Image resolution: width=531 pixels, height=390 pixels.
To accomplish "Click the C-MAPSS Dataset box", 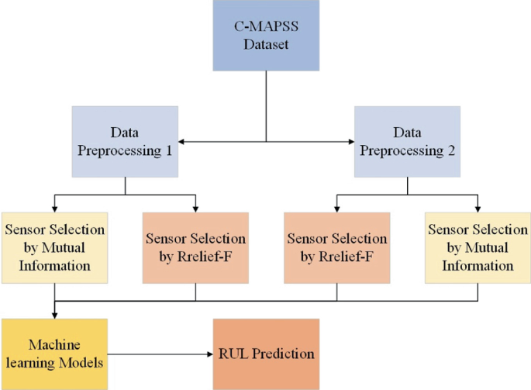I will point(266,36).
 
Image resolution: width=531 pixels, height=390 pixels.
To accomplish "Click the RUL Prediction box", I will point(265,354).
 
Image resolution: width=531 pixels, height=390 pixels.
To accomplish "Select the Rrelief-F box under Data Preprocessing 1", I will point(195,247).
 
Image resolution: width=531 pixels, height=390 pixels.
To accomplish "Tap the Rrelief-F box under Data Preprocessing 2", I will point(336,247).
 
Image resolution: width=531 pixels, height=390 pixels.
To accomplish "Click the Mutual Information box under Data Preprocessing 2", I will point(478,247).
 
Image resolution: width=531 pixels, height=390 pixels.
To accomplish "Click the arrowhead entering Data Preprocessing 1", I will point(183,142).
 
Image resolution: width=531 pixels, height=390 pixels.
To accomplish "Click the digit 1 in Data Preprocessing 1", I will point(167,150).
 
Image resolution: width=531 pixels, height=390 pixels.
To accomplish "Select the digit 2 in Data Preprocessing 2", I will point(449,150).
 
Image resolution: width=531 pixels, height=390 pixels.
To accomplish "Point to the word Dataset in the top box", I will point(266,45).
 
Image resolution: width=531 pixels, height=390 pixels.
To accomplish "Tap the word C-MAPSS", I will point(266,28).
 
